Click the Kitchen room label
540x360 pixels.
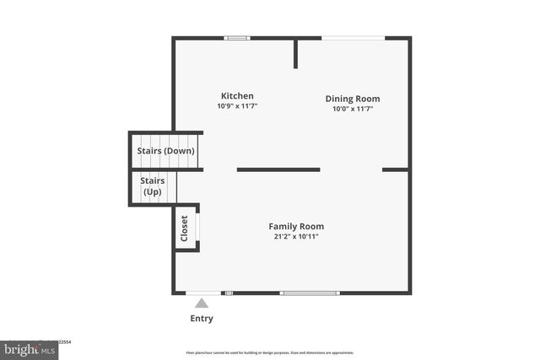(237, 96)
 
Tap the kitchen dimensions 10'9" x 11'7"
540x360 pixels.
(237, 106)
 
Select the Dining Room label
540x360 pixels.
(353, 99)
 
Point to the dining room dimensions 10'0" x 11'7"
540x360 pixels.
(353, 109)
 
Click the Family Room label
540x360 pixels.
(296, 226)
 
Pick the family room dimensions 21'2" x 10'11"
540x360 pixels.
(296, 236)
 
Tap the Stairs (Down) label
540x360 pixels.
(166, 151)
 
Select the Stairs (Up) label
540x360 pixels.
(153, 186)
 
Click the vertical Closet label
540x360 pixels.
(185, 228)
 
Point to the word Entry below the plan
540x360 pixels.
(202, 319)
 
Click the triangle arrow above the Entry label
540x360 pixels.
(202, 304)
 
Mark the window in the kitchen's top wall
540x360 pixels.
(237, 38)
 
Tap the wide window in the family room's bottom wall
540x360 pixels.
(310, 293)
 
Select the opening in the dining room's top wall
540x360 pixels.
(354, 38)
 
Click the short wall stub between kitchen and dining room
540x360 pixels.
(296, 53)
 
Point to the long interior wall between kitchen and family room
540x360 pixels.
(278, 169)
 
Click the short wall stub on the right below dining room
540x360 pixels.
(395, 169)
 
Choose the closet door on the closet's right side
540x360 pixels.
(198, 228)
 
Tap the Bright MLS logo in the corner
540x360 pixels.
(29, 348)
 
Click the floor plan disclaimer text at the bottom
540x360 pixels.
(269, 352)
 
